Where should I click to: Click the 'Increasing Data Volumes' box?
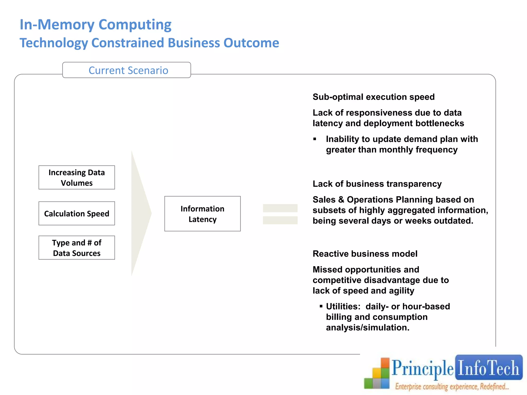coord(77,177)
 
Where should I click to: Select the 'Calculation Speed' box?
coord(77,213)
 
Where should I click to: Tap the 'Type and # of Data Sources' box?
coord(77,248)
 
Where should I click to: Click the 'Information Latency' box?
coord(203,214)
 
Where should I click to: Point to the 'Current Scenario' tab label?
coord(128,70)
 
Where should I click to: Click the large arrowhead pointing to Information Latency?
coord(140,213)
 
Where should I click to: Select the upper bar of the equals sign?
coord(280,208)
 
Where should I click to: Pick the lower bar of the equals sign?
coord(280,220)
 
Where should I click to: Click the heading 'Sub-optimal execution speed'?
coord(373,97)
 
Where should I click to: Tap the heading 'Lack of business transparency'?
coord(377,184)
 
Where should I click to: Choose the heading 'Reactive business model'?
coord(365,254)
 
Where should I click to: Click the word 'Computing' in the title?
coord(135,25)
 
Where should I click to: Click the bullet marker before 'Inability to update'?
coord(315,139)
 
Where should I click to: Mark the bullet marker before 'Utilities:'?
coord(321,306)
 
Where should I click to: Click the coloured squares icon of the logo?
coord(377,374)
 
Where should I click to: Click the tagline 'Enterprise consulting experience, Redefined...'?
coord(452,387)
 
